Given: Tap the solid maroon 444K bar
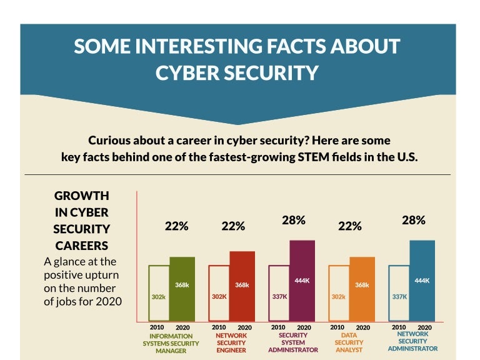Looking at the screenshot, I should pos(302,281).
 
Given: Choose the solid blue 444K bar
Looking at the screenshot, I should pos(422,281).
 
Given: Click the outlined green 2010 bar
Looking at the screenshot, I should pos(158,294).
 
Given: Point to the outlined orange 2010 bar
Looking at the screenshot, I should pos(338,294).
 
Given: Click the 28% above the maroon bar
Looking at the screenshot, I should pos(293,220).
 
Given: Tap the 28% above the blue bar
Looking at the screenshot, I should pos(413,220).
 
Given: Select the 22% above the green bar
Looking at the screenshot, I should pos(176,226).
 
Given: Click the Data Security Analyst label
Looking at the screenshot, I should pos(349,342).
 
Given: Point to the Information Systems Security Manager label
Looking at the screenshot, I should pos(171,343).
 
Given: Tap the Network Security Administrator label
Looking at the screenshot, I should pos(412,341).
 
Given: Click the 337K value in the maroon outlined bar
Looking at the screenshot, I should pos(279,297).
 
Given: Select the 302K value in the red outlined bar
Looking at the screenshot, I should pos(219,297).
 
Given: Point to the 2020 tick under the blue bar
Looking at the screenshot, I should pos(424,327).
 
